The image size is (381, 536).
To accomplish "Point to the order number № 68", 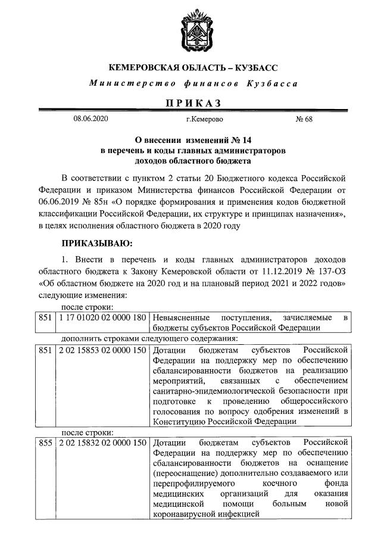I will coord(304,120).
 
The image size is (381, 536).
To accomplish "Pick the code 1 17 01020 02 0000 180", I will coord(102,318).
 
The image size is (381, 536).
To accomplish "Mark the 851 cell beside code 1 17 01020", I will coord(46,318).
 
